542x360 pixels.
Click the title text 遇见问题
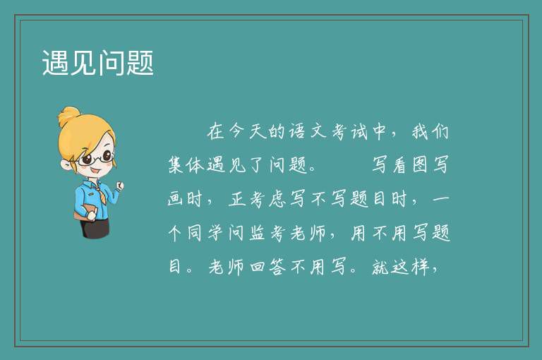(x=98, y=63)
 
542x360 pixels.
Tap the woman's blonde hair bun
(x=68, y=116)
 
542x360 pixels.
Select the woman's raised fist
(x=119, y=186)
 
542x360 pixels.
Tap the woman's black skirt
(x=95, y=228)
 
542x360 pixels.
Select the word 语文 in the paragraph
(x=308, y=131)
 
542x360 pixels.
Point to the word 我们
(x=430, y=131)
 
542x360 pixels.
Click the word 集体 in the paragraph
(x=186, y=164)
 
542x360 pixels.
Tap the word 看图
(x=409, y=164)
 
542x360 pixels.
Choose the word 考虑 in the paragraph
(x=268, y=199)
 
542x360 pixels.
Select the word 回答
(x=268, y=266)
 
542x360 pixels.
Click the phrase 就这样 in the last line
(x=401, y=266)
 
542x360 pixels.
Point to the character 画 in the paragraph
(x=176, y=199)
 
